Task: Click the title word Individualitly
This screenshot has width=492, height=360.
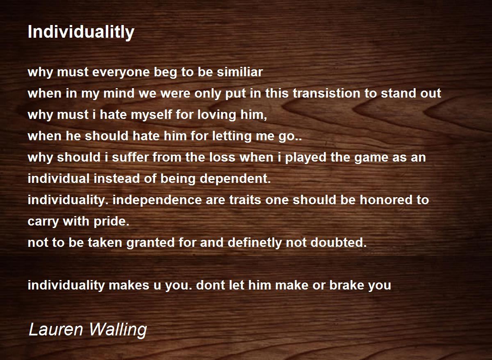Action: [81, 32]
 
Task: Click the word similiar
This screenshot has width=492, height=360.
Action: [240, 72]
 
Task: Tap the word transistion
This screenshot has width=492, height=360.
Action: [327, 93]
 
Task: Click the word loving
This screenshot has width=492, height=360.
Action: [217, 115]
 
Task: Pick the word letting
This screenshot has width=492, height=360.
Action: [232, 136]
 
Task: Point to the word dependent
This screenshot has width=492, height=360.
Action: [235, 179]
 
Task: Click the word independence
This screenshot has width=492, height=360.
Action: [157, 200]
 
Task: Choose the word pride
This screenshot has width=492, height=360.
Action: [112, 221]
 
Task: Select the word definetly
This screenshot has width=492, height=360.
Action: [255, 243]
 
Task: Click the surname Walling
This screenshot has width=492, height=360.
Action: [118, 330]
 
